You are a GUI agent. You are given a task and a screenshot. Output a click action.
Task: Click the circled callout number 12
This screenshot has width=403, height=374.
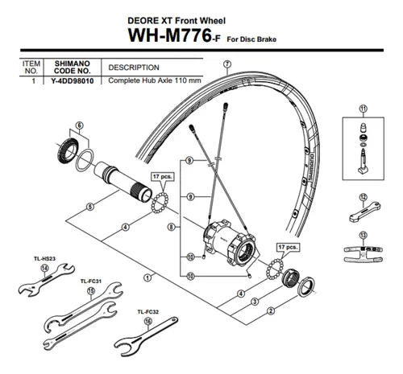(x=363, y=198)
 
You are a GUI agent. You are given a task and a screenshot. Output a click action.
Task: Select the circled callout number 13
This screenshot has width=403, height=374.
(x=363, y=235)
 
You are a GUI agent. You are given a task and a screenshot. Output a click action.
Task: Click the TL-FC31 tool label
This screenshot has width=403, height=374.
(x=91, y=282)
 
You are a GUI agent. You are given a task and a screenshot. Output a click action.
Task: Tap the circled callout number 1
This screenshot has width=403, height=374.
(x=147, y=277)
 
